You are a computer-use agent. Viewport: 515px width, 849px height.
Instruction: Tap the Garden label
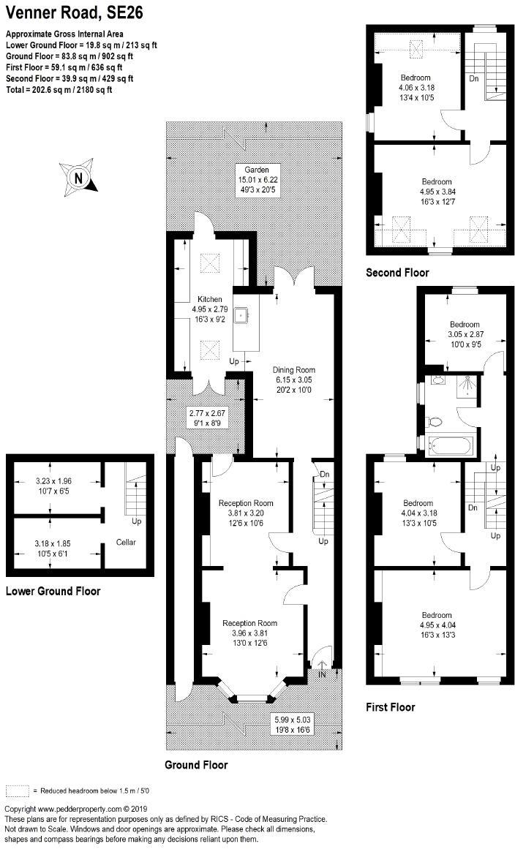click(256, 170)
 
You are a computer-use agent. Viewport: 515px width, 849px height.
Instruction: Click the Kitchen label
click(209, 299)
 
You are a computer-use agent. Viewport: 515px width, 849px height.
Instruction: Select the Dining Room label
click(293, 370)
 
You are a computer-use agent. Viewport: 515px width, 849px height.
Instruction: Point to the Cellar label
click(126, 542)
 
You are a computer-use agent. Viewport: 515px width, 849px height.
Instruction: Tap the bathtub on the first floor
click(451, 445)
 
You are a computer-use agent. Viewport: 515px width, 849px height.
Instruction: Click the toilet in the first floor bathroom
click(435, 420)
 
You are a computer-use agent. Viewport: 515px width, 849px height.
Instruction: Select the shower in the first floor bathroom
click(466, 385)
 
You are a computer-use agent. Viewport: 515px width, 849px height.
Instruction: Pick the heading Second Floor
click(397, 272)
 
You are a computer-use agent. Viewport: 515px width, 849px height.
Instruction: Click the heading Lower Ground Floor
click(53, 591)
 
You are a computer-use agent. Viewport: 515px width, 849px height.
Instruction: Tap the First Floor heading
click(391, 707)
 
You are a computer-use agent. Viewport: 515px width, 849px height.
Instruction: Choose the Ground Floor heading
click(196, 764)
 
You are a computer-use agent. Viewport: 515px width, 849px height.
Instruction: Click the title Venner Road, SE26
click(74, 12)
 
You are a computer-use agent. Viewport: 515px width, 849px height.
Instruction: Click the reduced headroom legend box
click(18, 790)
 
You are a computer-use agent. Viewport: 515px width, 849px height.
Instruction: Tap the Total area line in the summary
click(59, 90)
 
